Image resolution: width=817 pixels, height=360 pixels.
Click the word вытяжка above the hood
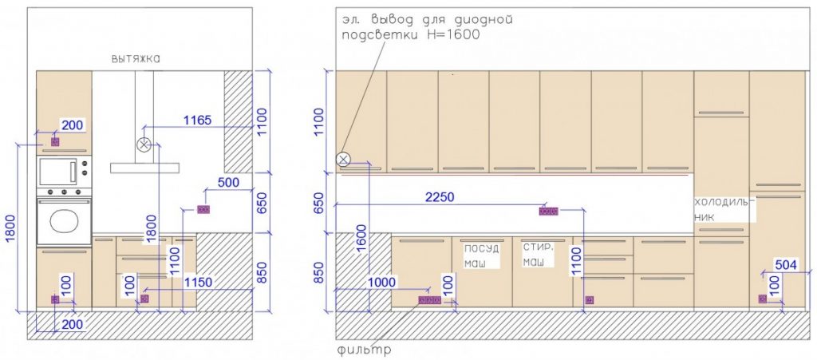136,59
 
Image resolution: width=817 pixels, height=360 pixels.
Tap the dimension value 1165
198,121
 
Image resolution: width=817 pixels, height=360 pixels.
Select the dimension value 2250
440,197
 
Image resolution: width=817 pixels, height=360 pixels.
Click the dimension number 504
786,265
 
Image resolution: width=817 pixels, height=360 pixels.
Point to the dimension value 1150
199,283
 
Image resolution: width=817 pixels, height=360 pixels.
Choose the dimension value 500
229,182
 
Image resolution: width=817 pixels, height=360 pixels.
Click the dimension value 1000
382,282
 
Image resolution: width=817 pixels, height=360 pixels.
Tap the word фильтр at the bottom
364,350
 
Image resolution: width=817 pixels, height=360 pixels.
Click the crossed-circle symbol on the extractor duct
144,145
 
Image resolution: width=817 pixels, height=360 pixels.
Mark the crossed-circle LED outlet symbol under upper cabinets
343,160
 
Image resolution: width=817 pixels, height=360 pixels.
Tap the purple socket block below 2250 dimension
548,212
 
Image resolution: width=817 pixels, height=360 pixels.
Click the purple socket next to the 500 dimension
203,209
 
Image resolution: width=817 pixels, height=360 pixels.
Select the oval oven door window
64,220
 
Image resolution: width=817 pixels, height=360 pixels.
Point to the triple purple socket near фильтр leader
430,300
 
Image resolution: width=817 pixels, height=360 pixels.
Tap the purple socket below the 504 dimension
762,299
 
